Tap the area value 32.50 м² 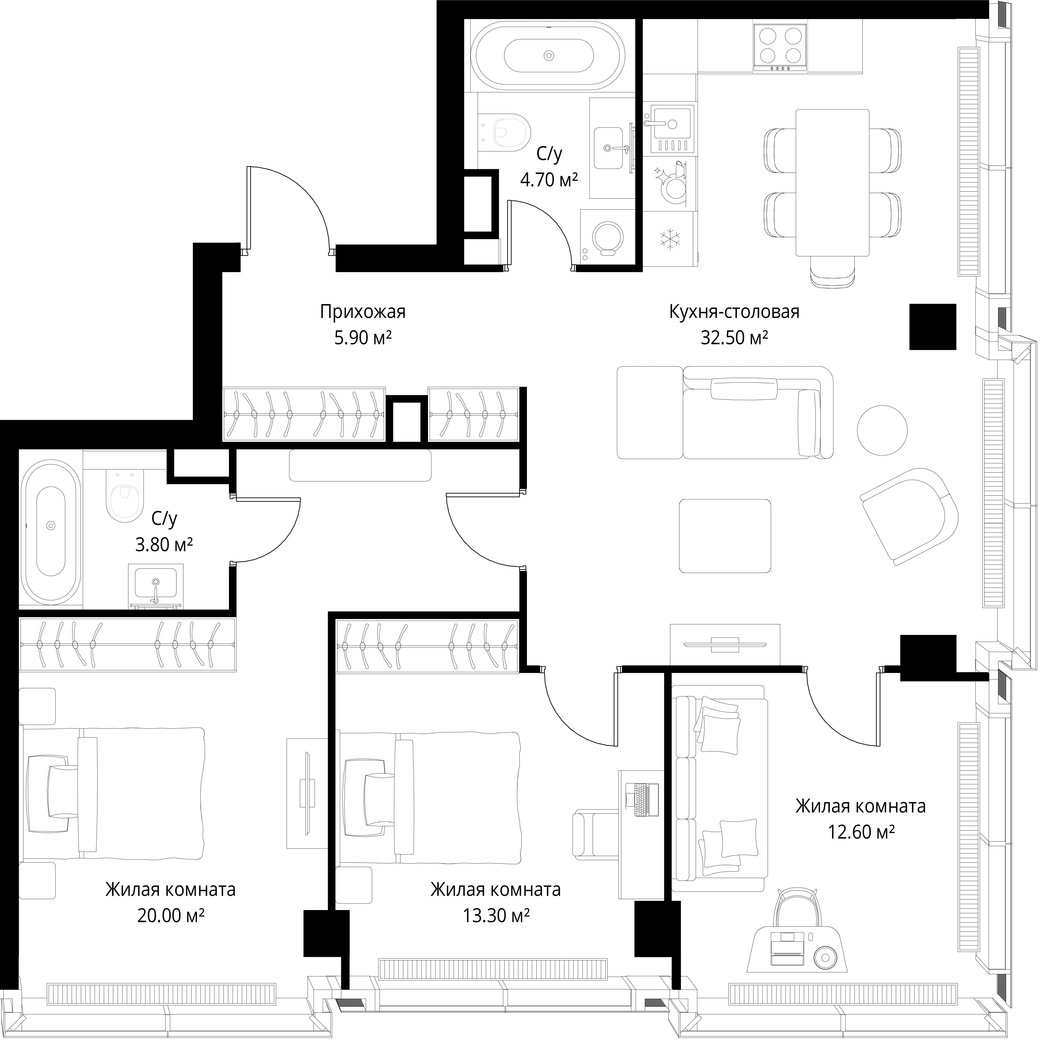pyautogui.click(x=734, y=338)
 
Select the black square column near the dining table pyautogui.click(x=932, y=326)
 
